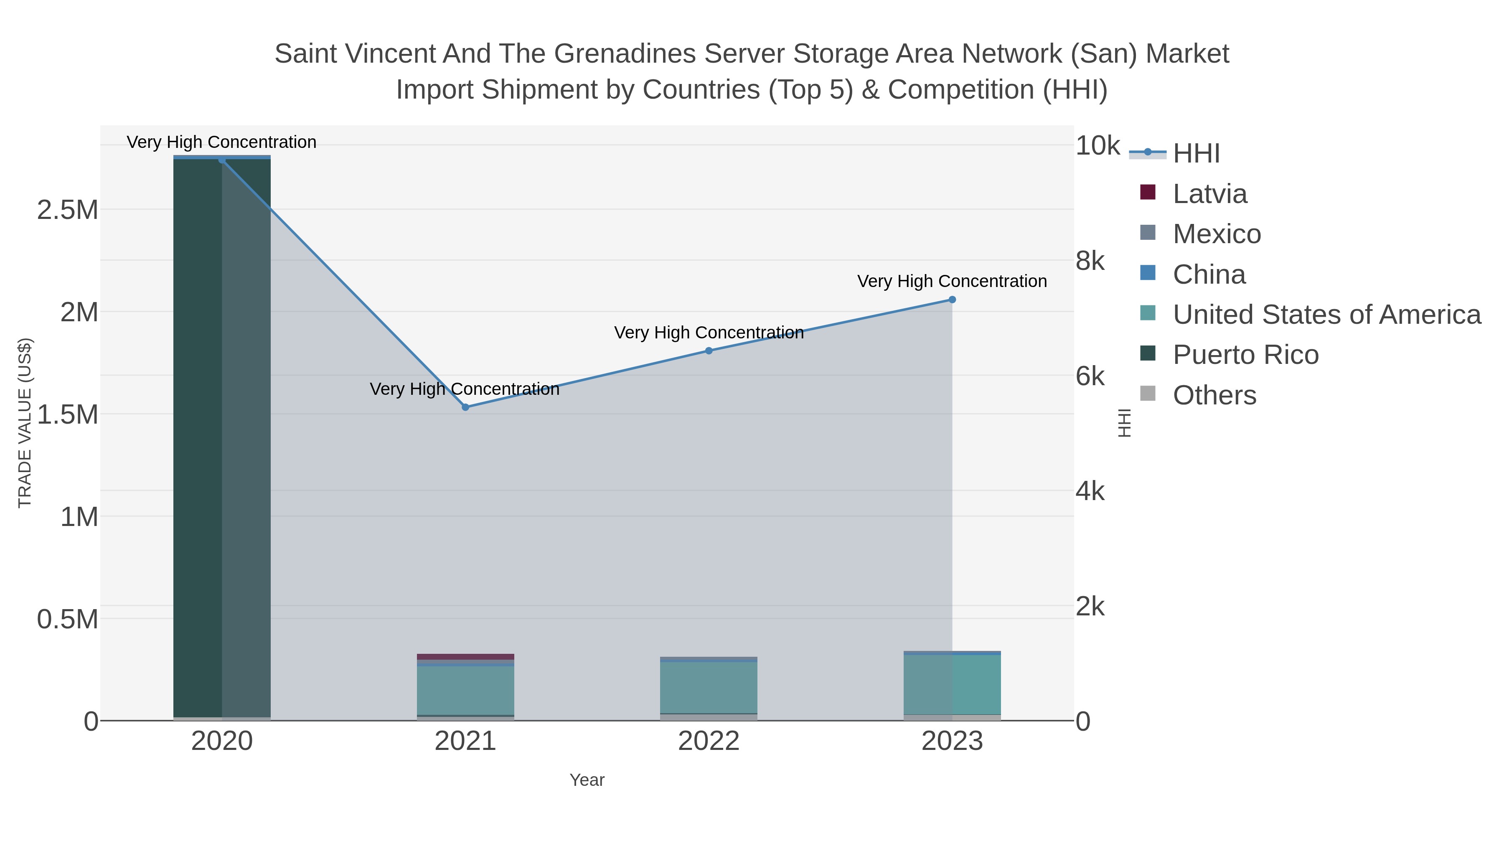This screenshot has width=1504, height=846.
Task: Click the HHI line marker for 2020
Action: (x=222, y=160)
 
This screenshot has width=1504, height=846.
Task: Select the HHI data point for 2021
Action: (x=465, y=407)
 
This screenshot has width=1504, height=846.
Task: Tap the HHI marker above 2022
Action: (x=709, y=351)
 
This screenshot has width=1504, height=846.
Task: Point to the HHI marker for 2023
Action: (x=952, y=300)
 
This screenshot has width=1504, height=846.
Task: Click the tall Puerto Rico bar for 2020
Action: (x=222, y=438)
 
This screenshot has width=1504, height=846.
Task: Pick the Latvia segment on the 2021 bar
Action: (x=465, y=657)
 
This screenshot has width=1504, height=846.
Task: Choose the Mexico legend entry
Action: (x=1216, y=234)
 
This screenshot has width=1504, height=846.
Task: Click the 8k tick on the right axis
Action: (x=1090, y=261)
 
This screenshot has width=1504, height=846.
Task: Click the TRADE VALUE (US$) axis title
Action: (x=25, y=423)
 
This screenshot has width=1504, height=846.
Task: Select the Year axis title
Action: (x=587, y=780)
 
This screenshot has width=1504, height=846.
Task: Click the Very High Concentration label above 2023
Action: (x=952, y=282)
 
